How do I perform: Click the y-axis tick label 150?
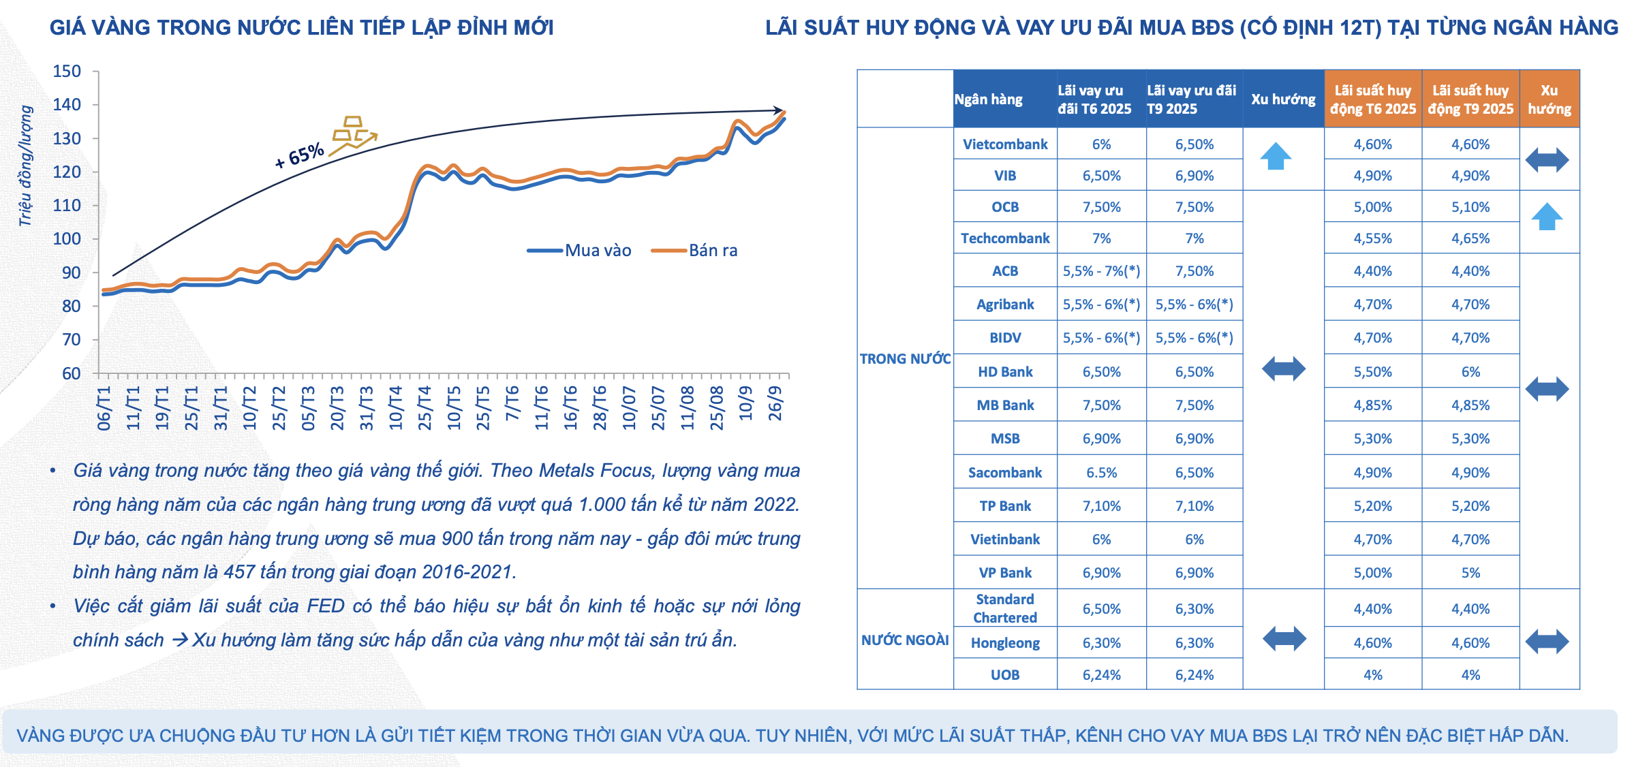[x=67, y=72]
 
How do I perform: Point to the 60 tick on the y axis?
[x=71, y=373]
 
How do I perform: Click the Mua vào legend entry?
[x=581, y=251]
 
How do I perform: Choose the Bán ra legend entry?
[x=695, y=251]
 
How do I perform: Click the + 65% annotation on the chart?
[x=299, y=156]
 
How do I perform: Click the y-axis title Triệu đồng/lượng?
[x=25, y=166]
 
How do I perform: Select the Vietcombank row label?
[x=1005, y=144]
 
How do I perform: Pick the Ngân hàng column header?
[x=988, y=99]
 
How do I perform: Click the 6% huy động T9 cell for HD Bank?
[x=1470, y=372]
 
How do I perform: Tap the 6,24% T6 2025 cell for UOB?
[x=1101, y=675]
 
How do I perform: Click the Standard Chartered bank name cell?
[x=1005, y=608]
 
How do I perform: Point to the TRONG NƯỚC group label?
[x=904, y=359]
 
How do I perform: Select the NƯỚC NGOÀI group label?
[x=904, y=640]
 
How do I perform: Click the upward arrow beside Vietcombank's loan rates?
[x=1276, y=157]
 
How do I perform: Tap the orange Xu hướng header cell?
[x=1549, y=99]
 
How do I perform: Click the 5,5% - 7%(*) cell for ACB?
[x=1101, y=271]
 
